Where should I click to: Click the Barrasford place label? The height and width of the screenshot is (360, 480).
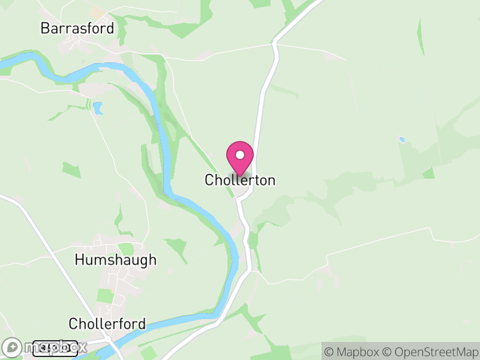click(77, 28)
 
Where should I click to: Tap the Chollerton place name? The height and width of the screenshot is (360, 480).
click(240, 180)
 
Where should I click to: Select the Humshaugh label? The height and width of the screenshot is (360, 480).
click(115, 260)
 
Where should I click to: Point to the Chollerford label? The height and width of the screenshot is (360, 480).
click(107, 324)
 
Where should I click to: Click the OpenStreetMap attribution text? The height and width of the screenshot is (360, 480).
click(431, 351)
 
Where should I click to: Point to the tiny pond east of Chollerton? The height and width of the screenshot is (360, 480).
click(402, 140)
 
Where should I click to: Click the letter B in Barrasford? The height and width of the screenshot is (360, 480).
click(44, 28)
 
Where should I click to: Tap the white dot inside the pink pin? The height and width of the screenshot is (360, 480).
click(240, 155)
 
